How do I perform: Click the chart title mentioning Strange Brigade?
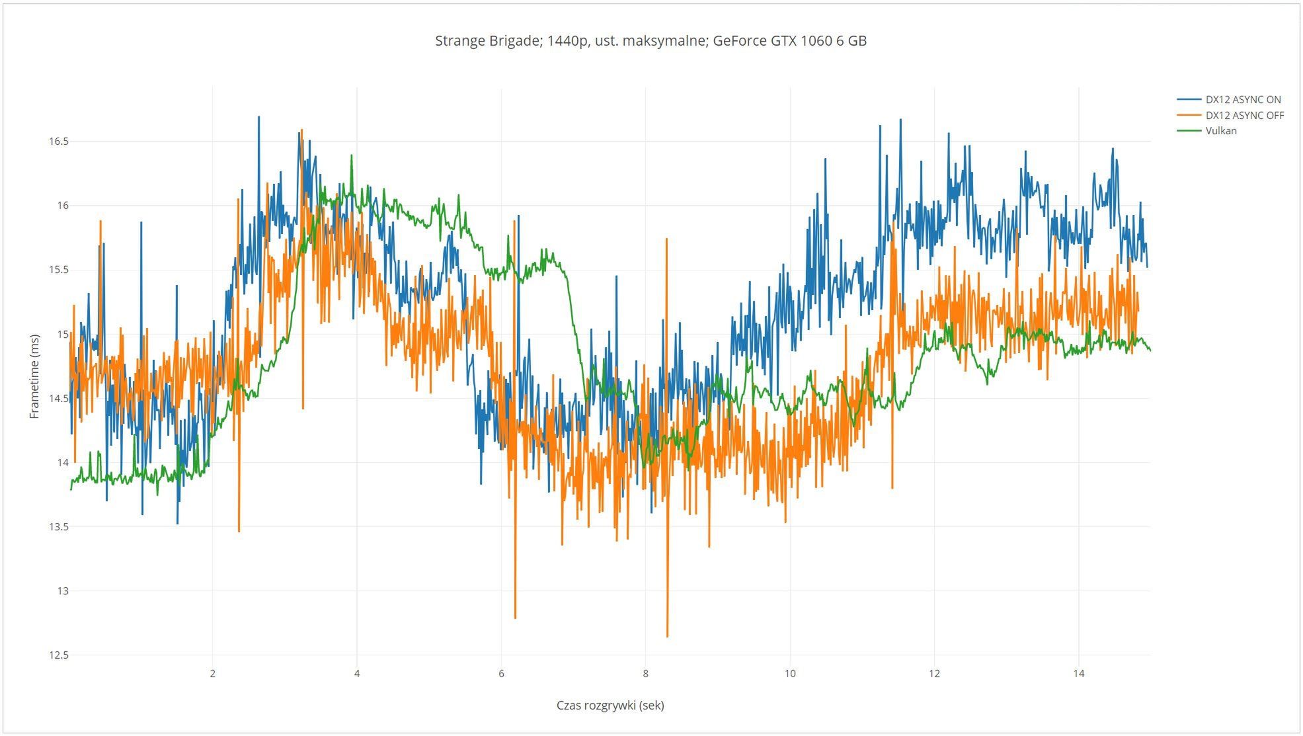(x=651, y=41)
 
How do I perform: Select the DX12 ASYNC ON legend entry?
(x=1242, y=100)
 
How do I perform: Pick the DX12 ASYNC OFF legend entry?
(x=1244, y=115)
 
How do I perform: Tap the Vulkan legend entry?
(x=1220, y=131)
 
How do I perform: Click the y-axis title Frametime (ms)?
(x=34, y=376)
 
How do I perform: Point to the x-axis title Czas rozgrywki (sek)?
(x=610, y=705)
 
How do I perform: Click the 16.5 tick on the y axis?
(x=58, y=142)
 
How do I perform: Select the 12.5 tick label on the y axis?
(x=58, y=655)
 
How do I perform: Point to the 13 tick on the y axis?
(x=62, y=591)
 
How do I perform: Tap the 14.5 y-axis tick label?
(x=58, y=398)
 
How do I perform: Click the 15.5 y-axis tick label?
(x=58, y=270)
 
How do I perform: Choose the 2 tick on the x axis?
(x=212, y=674)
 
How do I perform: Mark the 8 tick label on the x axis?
(x=645, y=674)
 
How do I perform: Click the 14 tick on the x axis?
(x=1078, y=674)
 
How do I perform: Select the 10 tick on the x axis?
(x=790, y=674)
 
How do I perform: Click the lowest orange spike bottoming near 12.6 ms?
(x=667, y=636)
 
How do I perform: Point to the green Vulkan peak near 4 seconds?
(x=352, y=156)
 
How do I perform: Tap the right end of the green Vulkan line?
(x=1150, y=350)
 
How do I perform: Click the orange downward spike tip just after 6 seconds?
(x=515, y=618)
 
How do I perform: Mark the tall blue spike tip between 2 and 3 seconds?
(x=258, y=118)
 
